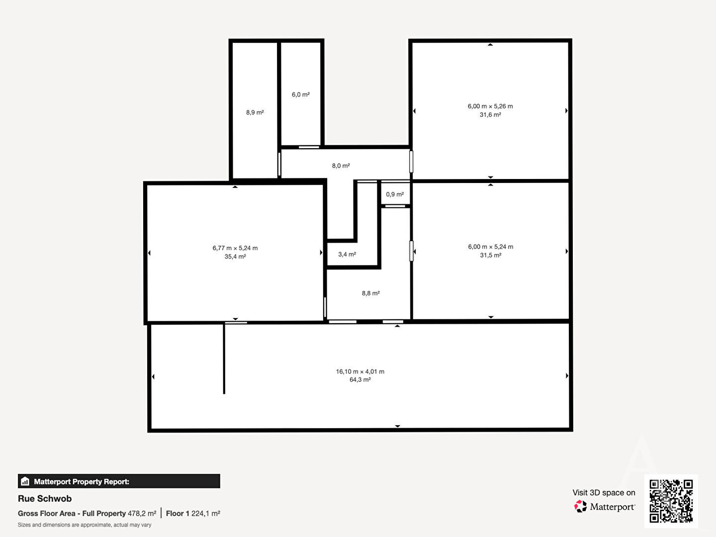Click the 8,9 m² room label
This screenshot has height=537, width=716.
[x=255, y=112]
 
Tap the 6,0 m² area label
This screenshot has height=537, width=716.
[x=300, y=94]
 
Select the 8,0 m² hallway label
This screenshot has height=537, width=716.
[x=341, y=166]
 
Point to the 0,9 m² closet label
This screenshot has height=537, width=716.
[x=395, y=194]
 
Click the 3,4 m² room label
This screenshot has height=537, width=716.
[x=347, y=254]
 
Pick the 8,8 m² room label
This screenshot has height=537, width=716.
[x=370, y=293]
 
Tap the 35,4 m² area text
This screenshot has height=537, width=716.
[x=235, y=257]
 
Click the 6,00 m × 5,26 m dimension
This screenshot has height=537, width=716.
[x=490, y=106]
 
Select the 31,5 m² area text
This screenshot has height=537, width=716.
[x=490, y=255]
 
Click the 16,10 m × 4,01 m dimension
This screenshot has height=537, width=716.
[x=360, y=371]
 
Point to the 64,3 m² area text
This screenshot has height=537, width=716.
[x=360, y=380]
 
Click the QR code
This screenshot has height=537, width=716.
[x=671, y=501]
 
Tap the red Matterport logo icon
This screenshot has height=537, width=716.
[x=580, y=506]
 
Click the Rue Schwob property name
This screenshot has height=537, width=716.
[x=45, y=499]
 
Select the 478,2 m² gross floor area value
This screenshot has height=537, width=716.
[x=142, y=514]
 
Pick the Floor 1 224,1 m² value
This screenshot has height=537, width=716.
[x=193, y=514]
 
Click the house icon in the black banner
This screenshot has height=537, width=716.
[x=25, y=481]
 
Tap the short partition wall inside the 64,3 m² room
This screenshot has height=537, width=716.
[x=224, y=358]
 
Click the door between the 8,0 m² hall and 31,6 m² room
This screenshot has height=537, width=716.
[x=411, y=162]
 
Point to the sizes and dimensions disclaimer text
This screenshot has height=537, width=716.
[x=85, y=525]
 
